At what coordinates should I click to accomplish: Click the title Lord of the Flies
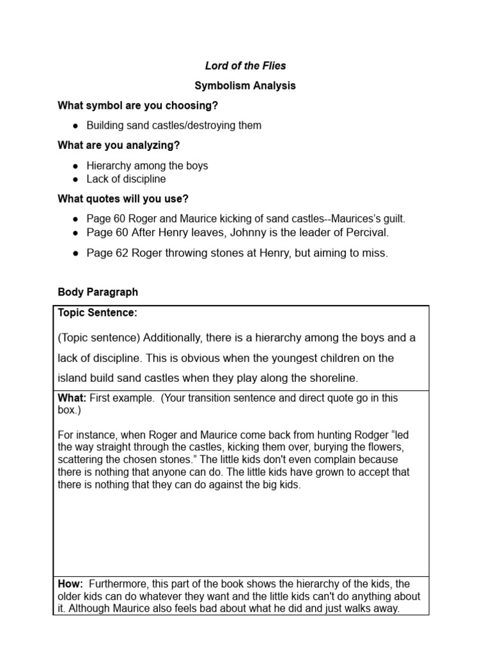pyautogui.click(x=245, y=65)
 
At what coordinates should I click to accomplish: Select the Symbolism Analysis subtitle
pyautogui.click(x=245, y=85)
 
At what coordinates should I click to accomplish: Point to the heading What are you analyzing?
pyautogui.click(x=119, y=145)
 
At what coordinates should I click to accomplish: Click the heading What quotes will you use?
pyautogui.click(x=123, y=198)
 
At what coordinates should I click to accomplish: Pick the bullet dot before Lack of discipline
pyautogui.click(x=76, y=179)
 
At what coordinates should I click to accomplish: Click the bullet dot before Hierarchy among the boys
pyautogui.click(x=76, y=166)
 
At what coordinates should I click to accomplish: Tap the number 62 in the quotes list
pyautogui.click(x=121, y=253)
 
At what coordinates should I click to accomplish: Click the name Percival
pyautogui.click(x=366, y=232)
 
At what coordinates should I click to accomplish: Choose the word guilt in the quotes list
pyautogui.click(x=391, y=218)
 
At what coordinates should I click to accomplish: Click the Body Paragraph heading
pyautogui.click(x=98, y=292)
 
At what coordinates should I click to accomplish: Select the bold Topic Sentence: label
pyautogui.click(x=98, y=313)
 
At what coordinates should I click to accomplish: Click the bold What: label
pyautogui.click(x=72, y=398)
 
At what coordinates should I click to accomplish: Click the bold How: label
pyautogui.click(x=70, y=584)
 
